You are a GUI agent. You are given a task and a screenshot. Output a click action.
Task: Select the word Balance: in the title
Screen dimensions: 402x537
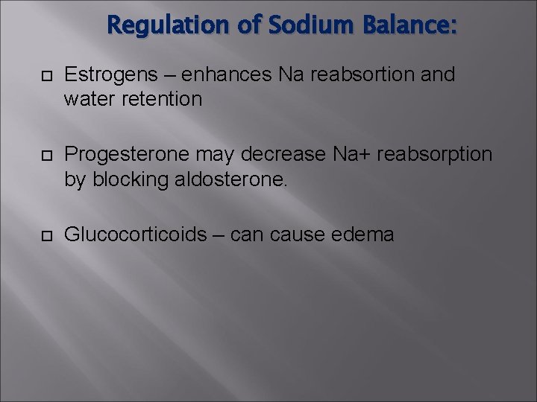point(409,26)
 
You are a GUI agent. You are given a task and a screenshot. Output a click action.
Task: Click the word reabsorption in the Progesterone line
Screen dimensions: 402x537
point(435,154)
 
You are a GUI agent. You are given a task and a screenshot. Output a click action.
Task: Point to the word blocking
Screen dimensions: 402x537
point(125,179)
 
